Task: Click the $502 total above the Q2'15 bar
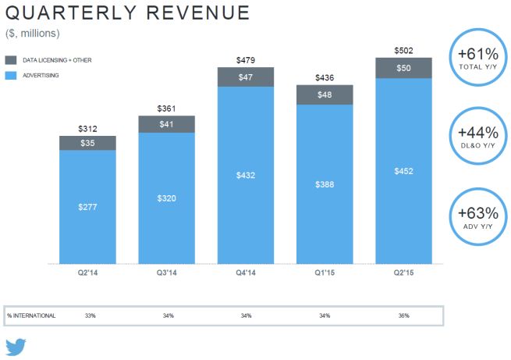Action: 403,51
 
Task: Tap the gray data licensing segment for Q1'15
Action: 325,93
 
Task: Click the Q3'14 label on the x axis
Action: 167,272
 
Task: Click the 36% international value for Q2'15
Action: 403,315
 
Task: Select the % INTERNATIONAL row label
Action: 31,315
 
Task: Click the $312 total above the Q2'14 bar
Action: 87,129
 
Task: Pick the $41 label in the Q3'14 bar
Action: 167,123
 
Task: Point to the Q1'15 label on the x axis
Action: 325,272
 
